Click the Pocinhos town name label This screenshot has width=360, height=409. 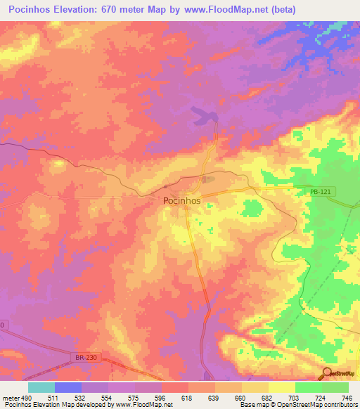pyautogui.click(x=181, y=200)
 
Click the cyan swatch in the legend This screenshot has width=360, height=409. pyautogui.click(x=41, y=387)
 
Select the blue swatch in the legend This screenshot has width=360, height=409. pyautogui.click(x=68, y=387)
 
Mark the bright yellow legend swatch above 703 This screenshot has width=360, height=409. pyautogui.click(x=282, y=387)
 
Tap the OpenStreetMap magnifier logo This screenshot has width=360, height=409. pyautogui.click(x=328, y=373)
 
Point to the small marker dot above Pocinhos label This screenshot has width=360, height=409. pyautogui.click(x=165, y=187)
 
